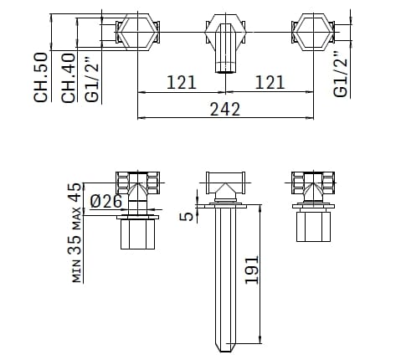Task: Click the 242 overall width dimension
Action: click(225, 108)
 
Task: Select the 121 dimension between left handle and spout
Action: click(181, 82)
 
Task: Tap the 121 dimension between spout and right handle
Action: click(269, 82)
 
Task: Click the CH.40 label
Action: click(68, 76)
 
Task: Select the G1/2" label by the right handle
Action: click(341, 74)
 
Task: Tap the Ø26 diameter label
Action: click(105, 202)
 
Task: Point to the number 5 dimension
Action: click(189, 215)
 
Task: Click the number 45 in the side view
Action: click(75, 194)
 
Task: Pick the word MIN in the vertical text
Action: click(76, 271)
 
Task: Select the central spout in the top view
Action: click(225, 46)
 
